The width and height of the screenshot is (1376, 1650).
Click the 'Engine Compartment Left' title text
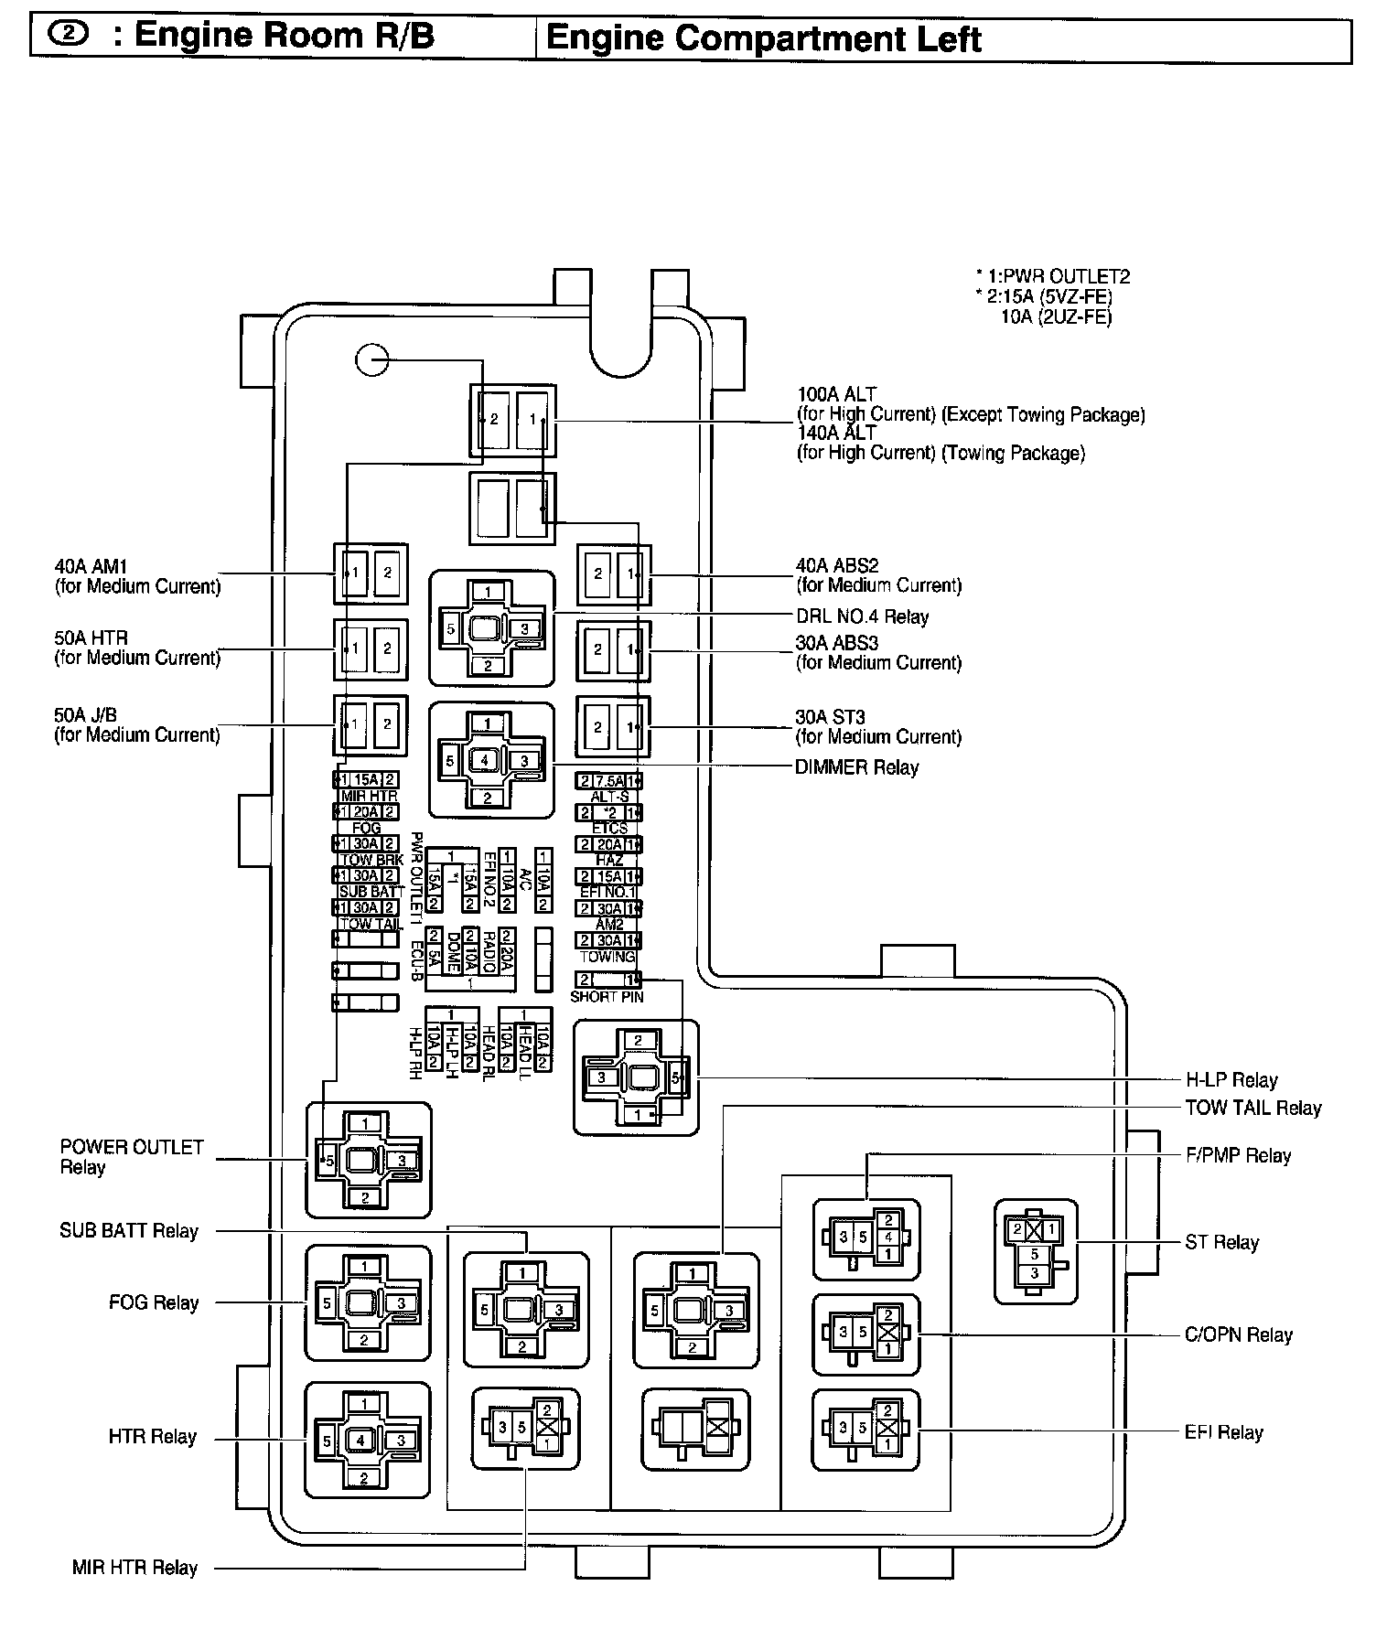click(x=762, y=39)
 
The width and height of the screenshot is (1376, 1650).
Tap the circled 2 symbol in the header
click(x=69, y=35)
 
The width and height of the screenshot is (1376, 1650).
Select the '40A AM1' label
click(x=91, y=567)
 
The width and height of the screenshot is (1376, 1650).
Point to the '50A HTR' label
click(x=91, y=638)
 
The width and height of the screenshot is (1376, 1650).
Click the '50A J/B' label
click(x=85, y=715)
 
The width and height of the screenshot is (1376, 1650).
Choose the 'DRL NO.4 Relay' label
click(x=862, y=617)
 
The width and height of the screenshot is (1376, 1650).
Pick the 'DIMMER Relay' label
click(x=856, y=768)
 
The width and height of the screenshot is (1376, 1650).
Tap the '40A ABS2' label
click(x=837, y=566)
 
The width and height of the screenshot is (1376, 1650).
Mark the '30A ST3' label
click(x=831, y=718)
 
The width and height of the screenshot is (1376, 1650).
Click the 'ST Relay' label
click(x=1221, y=1243)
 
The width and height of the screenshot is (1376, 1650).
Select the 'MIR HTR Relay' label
click(x=134, y=1569)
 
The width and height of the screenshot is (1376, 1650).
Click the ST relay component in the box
click(x=1036, y=1251)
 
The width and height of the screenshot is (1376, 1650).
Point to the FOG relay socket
click(x=366, y=1302)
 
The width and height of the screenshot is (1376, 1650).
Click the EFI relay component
click(x=865, y=1430)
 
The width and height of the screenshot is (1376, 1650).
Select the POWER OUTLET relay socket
click(x=368, y=1160)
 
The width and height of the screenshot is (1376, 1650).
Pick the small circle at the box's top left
click(x=372, y=360)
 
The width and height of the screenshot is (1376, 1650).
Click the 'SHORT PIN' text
click(x=607, y=997)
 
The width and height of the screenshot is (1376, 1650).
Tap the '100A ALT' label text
click(x=836, y=395)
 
